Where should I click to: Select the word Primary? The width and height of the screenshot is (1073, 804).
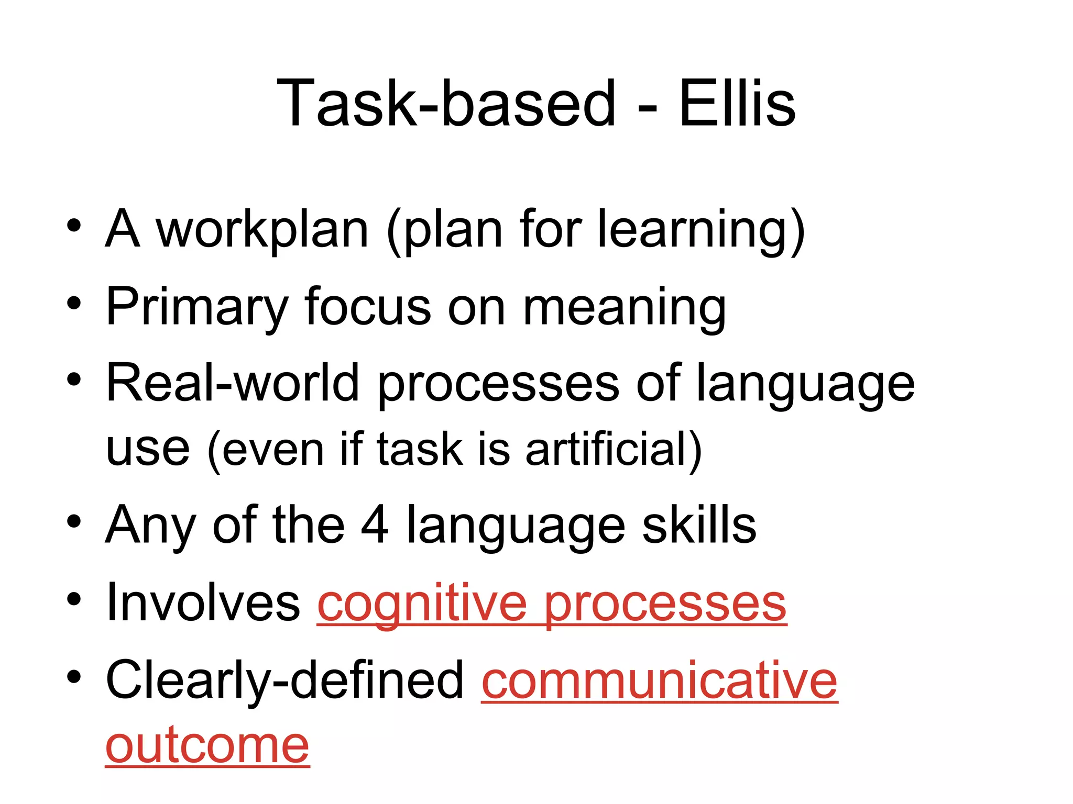[197, 307]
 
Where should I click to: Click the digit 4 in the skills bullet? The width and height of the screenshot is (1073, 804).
[375, 524]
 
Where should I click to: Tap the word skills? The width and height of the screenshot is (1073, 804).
[699, 524]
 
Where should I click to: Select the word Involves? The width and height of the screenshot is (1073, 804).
[203, 603]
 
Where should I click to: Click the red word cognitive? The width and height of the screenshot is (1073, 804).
[422, 605]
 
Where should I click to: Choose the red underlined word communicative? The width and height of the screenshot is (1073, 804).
[660, 680]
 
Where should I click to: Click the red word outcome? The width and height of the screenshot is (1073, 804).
[207, 745]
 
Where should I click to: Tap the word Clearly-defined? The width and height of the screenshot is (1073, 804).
[285, 680]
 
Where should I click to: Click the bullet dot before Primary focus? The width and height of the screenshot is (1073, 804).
[74, 303]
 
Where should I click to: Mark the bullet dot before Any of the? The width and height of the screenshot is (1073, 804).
[74, 521]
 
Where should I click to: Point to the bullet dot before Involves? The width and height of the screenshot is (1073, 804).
[74, 599]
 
